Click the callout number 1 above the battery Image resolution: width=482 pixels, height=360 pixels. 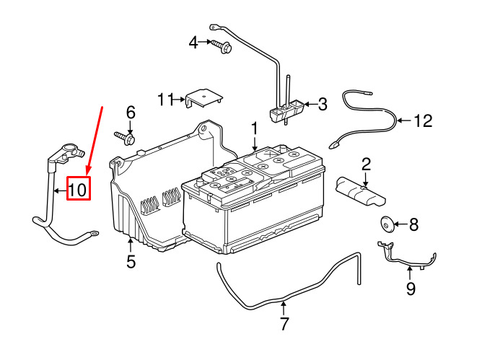coord(254,128)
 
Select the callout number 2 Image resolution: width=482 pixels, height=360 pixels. coord(366,164)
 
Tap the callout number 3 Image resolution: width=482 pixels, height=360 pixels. coord(322,105)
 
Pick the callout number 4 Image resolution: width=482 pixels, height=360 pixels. coord(193,43)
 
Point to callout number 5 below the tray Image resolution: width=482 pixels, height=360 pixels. coord(131,262)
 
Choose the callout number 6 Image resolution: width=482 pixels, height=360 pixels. coord(131,112)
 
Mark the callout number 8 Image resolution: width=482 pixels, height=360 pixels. coord(413,225)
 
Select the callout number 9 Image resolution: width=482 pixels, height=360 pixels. coord(410,289)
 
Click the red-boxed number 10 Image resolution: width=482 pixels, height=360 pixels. coord(78,190)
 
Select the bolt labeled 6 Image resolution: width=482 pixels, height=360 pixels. coord(126,136)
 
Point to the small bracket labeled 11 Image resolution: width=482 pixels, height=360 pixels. coord(203,98)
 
